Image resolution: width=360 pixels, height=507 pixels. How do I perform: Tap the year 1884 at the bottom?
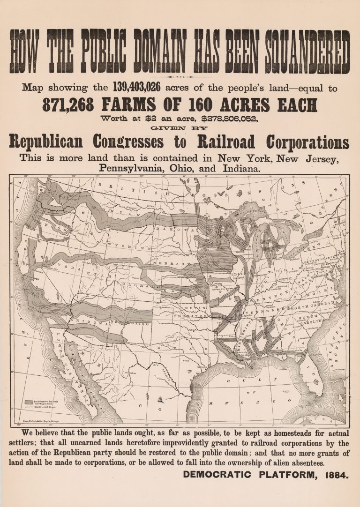336,475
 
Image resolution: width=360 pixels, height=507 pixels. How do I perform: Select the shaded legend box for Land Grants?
28,402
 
